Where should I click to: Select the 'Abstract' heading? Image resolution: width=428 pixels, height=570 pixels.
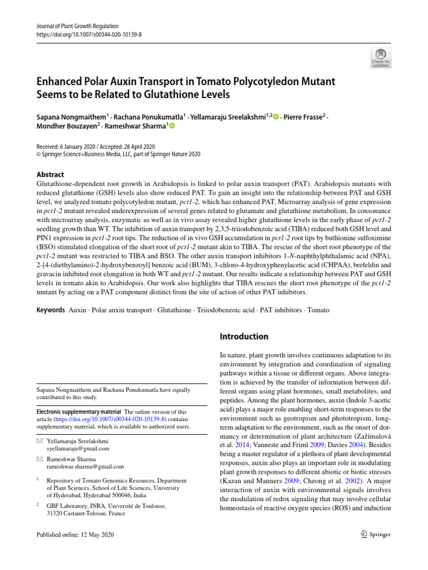coord(50,174)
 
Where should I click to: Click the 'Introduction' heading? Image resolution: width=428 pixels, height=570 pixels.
coord(245,336)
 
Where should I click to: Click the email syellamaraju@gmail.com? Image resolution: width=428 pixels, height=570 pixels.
coord(78,448)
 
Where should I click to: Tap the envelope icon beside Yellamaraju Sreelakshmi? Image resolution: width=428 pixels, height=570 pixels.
coord(38,440)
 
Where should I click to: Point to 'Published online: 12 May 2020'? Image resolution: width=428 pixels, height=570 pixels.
coord(75,534)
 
